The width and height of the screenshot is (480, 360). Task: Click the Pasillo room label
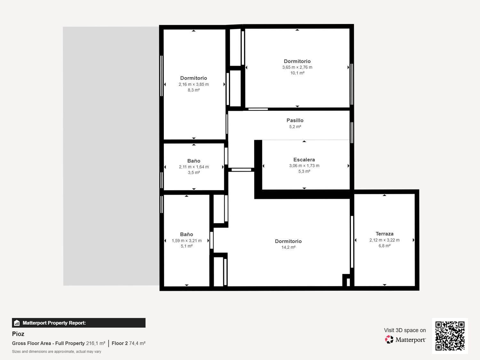[x=295, y=120]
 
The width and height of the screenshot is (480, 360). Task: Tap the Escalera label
[x=304, y=160]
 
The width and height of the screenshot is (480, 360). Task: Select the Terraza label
[x=384, y=234]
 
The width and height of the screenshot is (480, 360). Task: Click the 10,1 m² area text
[x=297, y=73]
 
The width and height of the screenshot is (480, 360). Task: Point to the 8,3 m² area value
[x=194, y=90]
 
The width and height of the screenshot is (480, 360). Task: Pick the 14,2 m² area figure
[x=288, y=247]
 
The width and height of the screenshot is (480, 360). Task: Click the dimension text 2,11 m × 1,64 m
[x=194, y=167]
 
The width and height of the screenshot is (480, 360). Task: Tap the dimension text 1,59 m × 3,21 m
[x=187, y=241]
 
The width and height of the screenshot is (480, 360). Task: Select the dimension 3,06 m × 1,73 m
[x=304, y=166]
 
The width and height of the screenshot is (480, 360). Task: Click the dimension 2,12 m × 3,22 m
[x=384, y=240]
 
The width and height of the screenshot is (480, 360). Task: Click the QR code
[x=450, y=336]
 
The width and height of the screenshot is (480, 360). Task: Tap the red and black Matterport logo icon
[x=389, y=340]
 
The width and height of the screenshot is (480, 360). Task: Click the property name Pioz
[x=18, y=334]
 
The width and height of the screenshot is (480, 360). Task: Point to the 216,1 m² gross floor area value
[x=96, y=343]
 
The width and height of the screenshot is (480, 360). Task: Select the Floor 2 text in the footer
[x=120, y=343]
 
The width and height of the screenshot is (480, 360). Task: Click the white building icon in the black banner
[x=17, y=323]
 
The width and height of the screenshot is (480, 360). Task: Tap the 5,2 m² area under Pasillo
[x=295, y=127]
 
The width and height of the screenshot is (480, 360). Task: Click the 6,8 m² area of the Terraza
[x=384, y=246]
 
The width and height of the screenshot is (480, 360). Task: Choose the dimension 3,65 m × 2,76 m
[x=297, y=67]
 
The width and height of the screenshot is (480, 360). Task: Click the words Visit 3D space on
[x=405, y=330]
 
